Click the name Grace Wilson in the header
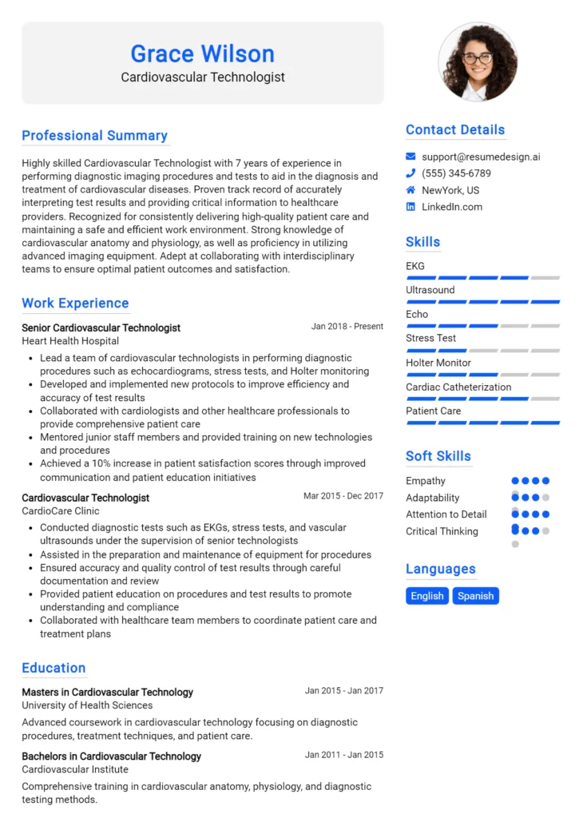point(202,54)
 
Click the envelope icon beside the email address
point(410,157)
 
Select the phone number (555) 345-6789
point(456,173)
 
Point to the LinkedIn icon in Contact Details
point(410,207)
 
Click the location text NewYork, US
point(450,190)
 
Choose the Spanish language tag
point(475,596)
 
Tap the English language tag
point(427,596)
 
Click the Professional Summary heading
point(94,136)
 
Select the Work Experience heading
point(75,304)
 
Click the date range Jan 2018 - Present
point(347,327)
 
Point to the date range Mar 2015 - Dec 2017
point(343,496)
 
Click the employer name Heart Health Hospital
point(70,341)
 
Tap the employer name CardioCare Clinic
point(61,511)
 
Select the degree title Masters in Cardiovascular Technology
point(107,692)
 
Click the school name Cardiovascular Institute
point(75,769)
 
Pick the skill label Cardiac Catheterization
point(458,387)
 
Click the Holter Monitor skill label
point(438,363)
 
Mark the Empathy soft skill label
point(426,481)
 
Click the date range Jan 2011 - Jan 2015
point(344,755)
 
